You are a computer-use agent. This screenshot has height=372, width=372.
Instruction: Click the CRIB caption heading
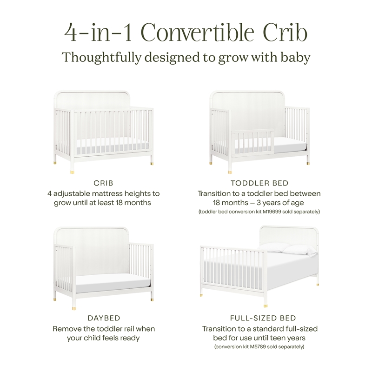pos(104,184)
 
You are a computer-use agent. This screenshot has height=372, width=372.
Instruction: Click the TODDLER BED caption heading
pos(259,184)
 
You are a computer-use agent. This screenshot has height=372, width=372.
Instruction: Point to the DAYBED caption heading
pos(104,318)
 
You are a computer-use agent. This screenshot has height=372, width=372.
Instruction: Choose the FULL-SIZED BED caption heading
pos(263,318)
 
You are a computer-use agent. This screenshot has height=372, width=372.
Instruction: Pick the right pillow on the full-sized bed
pos(300,250)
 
